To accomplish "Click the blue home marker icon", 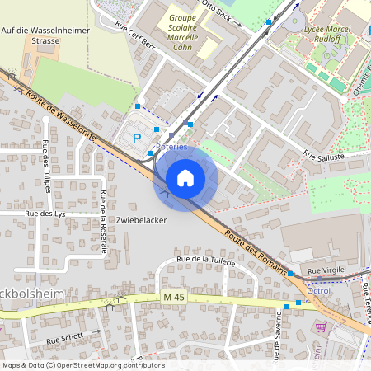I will coord(185,178).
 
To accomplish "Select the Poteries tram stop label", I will coord(171,147).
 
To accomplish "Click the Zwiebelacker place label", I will coord(142,221).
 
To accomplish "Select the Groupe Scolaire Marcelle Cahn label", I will coord(188,31).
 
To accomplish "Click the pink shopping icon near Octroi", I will coord(321,326).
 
